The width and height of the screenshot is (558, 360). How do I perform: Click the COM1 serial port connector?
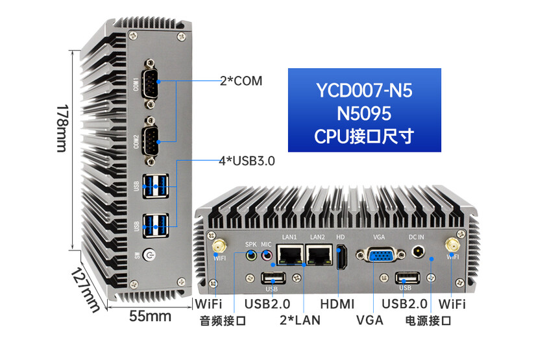[x=150, y=83]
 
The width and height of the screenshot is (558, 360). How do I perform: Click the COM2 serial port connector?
[x=150, y=141]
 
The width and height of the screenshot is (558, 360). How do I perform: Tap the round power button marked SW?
[x=149, y=255]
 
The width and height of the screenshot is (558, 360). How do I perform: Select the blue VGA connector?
[x=381, y=255]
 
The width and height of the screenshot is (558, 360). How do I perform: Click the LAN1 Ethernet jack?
[x=289, y=255]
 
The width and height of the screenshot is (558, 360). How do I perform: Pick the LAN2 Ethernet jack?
[x=319, y=255]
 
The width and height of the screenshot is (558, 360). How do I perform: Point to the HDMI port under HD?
[x=342, y=258]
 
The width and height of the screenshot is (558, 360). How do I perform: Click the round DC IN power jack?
[x=418, y=252]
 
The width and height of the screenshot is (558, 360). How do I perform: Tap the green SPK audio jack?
[x=252, y=255]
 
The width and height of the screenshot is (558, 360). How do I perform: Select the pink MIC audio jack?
[x=267, y=255]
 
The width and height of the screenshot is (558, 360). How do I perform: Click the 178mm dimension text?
[x=62, y=128]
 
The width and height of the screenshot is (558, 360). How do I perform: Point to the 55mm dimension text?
[x=150, y=316]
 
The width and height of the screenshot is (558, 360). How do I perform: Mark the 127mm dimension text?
[x=86, y=290]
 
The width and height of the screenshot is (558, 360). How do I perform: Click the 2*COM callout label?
[x=241, y=81]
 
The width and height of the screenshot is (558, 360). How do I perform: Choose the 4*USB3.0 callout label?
[x=247, y=161]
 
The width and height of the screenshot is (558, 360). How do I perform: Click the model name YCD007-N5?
[x=365, y=90]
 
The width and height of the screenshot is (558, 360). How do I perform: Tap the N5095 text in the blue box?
[x=364, y=114]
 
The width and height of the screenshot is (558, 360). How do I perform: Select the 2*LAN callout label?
[x=300, y=320]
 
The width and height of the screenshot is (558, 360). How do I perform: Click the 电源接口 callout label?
[x=428, y=320]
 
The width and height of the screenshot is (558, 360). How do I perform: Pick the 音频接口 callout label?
[x=223, y=320]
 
